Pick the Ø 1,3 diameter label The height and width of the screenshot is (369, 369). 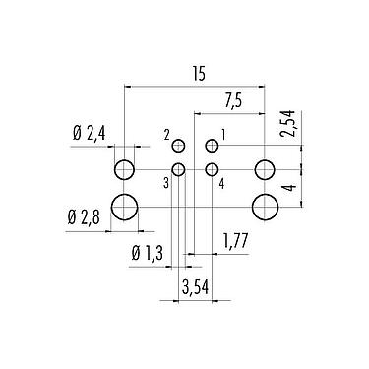148,254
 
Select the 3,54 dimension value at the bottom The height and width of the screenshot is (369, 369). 196,287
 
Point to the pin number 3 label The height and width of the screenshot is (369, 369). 167,181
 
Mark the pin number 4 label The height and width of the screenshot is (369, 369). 222,181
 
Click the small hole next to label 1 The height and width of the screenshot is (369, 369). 211,147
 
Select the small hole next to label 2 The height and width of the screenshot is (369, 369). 179,147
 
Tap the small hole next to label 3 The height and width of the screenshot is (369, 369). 179,170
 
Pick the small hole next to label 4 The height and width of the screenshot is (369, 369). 211,170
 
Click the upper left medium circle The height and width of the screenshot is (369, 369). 124,170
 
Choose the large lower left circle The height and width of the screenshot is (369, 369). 124,207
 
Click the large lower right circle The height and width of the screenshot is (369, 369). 265,207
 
